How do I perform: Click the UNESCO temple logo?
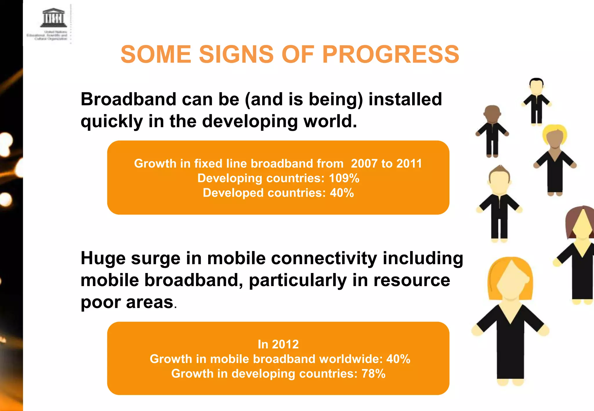53,18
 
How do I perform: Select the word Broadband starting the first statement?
128,99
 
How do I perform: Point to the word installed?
405,99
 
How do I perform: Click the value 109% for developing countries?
344,178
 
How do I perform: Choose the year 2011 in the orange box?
409,164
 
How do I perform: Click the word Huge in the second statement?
103,259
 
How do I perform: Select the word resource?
412,280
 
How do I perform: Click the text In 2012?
278,344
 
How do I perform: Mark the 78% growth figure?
373,374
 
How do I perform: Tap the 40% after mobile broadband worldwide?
398,359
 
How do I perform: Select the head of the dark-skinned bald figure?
492,114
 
